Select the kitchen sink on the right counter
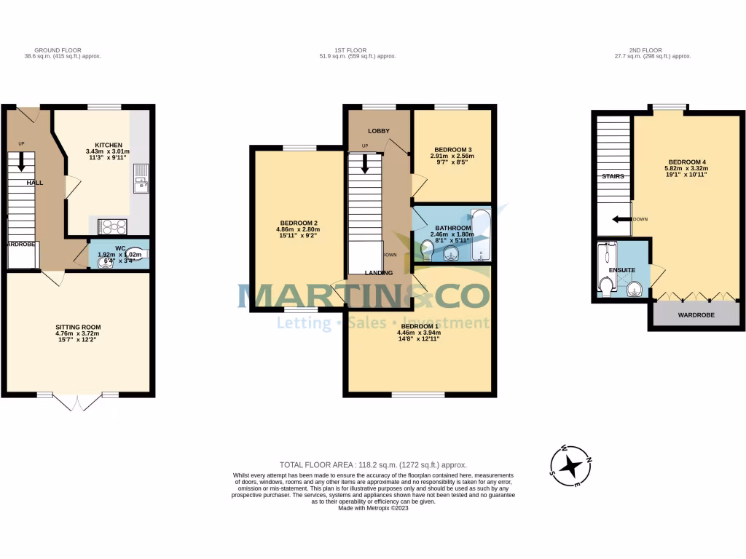pos(141,175)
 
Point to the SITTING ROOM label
pos(79,327)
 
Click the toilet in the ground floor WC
pos(137,251)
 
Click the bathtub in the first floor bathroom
pos(482,234)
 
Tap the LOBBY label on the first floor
pos(378,131)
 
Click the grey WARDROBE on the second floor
pos(696,315)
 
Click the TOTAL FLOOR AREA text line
pos(373,464)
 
